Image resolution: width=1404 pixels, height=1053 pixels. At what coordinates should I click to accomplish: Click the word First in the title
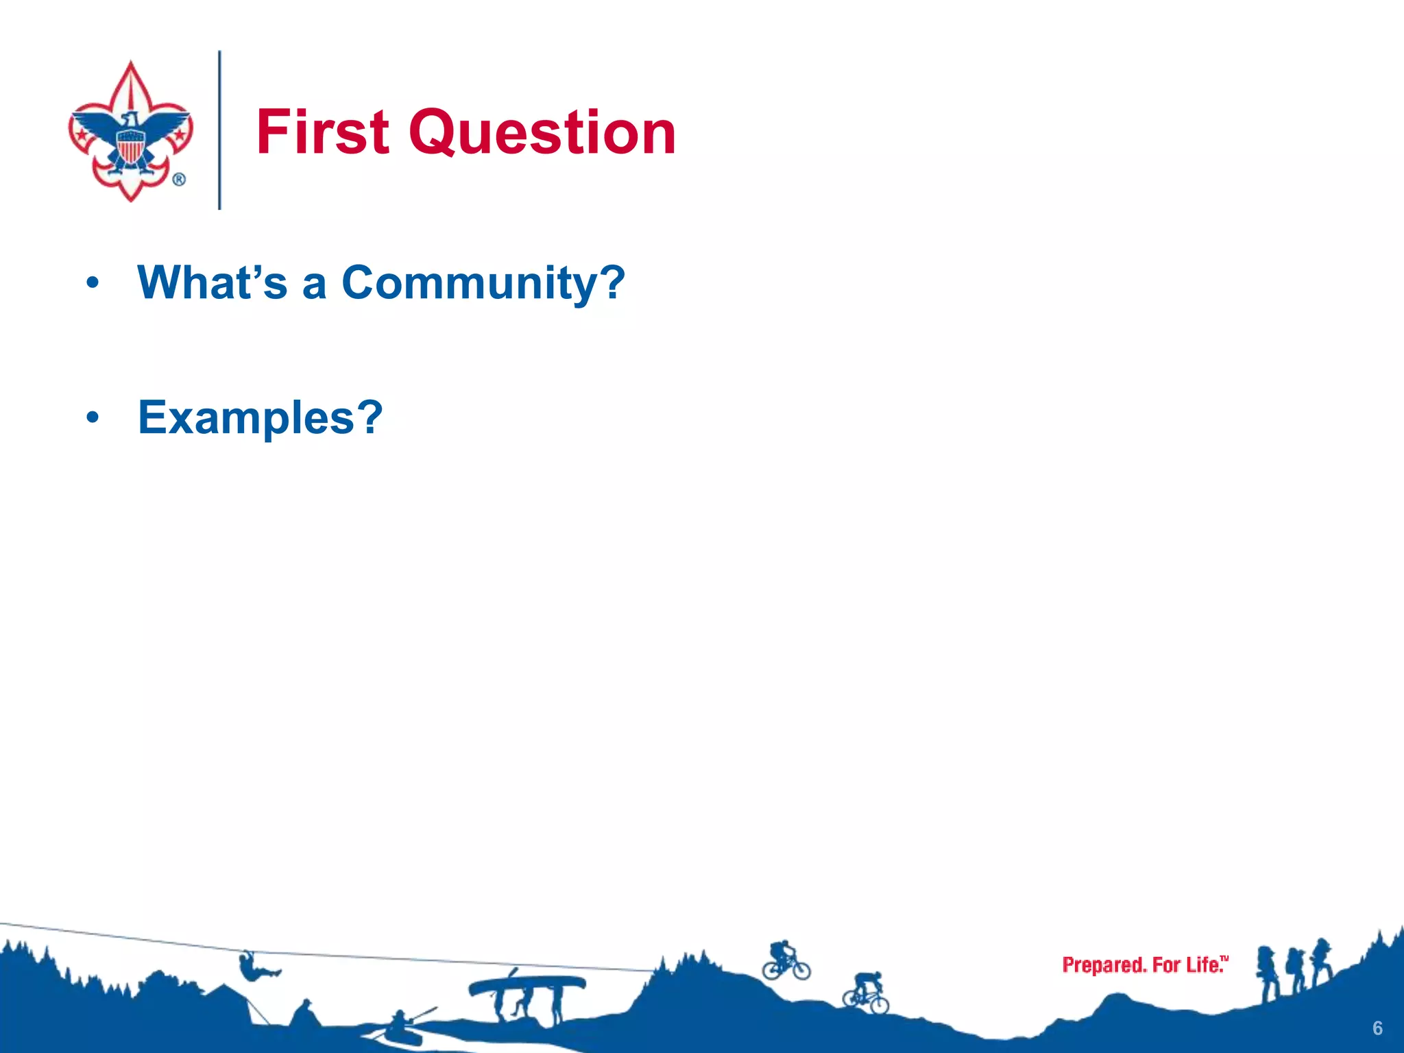(323, 132)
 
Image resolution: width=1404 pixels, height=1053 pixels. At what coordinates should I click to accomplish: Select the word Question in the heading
(542, 134)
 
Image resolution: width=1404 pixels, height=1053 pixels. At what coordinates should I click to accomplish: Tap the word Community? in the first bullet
(483, 282)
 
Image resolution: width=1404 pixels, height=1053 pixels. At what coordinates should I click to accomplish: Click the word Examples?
(261, 417)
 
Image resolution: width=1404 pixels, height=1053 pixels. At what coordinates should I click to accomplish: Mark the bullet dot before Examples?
(93, 417)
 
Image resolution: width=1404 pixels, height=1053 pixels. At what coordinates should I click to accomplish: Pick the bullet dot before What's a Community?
(93, 282)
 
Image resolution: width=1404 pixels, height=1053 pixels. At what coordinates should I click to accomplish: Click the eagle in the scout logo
(130, 137)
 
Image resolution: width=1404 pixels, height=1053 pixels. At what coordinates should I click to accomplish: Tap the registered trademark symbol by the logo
(179, 180)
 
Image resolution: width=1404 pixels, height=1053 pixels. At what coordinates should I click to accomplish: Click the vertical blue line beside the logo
(219, 130)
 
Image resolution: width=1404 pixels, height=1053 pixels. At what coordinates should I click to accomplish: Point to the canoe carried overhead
(526, 984)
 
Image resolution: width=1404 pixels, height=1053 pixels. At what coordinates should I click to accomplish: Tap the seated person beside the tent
(302, 1013)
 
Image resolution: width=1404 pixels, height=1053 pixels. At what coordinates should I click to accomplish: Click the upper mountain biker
(785, 960)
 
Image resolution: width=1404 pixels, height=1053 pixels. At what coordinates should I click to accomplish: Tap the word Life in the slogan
(1205, 965)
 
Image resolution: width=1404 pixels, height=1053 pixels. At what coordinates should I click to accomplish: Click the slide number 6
(1377, 1028)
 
